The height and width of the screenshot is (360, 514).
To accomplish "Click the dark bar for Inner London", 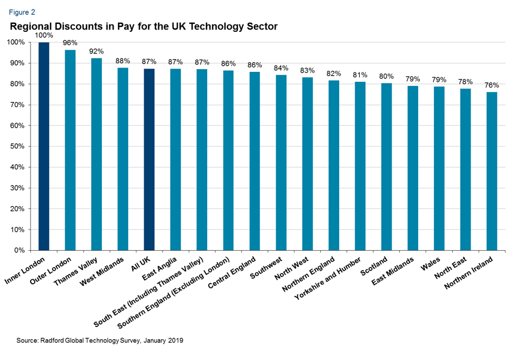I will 44,146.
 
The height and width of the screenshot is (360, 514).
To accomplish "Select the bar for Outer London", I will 70,150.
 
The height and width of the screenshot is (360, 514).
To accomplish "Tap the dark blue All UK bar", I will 149,159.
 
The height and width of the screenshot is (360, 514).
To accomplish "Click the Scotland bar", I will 386,167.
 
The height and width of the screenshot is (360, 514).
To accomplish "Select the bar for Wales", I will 439,168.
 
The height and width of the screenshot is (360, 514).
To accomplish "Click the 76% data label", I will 492,85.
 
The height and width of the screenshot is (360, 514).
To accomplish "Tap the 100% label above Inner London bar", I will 44,35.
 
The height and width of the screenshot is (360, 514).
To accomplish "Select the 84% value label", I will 281,68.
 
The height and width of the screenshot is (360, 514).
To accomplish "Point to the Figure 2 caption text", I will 21,11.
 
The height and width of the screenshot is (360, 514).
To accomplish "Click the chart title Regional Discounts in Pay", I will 143,26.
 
